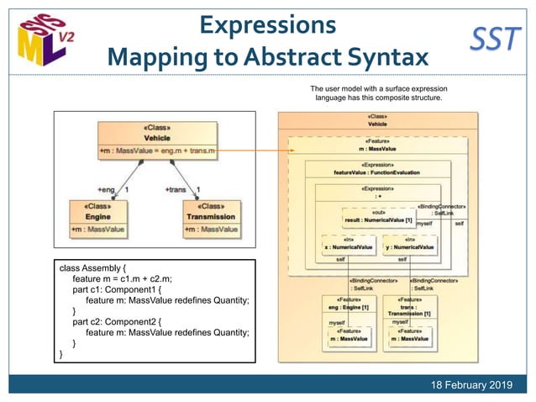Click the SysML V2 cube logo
pos(43,40)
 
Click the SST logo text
pos(495,39)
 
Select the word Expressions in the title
pos(268,23)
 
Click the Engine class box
pos(99,217)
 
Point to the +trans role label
pos(177,190)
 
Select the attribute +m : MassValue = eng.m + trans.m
pos(158,151)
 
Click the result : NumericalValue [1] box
pos(378,219)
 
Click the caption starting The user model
pos(378,93)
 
